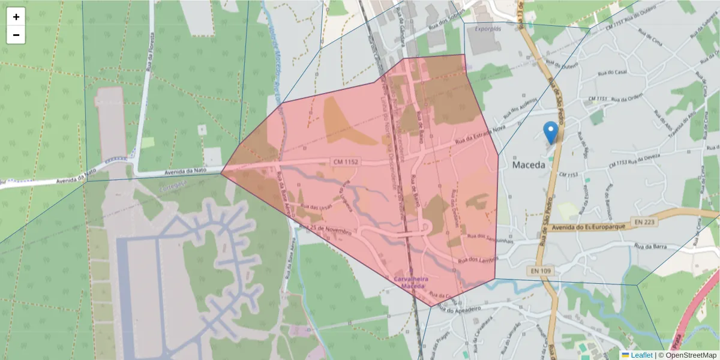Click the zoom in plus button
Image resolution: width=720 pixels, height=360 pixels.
16,17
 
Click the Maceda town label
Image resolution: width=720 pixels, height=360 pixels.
529,164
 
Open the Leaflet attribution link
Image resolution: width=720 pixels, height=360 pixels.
642,355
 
